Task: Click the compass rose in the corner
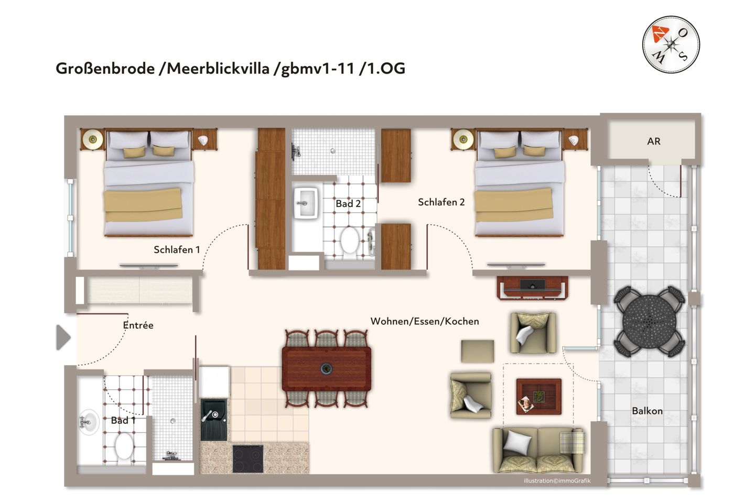pos(671,45)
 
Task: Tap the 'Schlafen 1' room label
pos(177,250)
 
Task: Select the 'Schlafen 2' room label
pos(441,202)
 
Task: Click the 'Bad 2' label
pos(348,204)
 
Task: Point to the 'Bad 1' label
pos(123,420)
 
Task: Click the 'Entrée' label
pos(138,325)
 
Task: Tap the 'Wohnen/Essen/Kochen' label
pos(425,321)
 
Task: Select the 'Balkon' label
pos(647,411)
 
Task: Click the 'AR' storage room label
pos(653,141)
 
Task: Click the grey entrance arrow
pos(63,337)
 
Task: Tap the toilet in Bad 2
pos(349,240)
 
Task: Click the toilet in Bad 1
pos(124,446)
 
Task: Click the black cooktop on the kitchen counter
pos(248,458)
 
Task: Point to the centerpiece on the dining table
pos(326,369)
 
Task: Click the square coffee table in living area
pos(538,397)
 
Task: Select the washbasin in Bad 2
pos(306,202)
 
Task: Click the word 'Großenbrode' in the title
pos(105,69)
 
